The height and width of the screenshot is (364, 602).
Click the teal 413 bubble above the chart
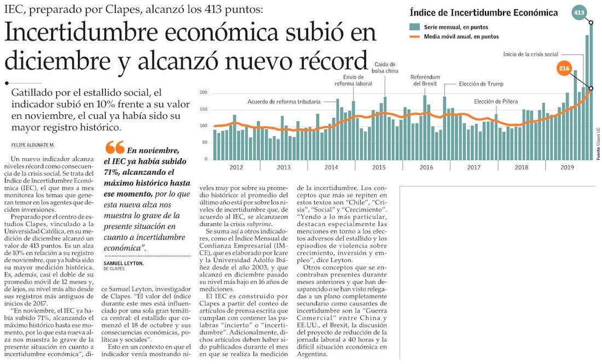(x=578, y=12)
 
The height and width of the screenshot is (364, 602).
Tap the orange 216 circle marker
(x=564, y=68)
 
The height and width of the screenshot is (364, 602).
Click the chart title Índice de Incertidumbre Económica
(x=483, y=13)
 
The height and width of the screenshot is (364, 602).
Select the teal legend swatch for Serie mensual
(x=414, y=27)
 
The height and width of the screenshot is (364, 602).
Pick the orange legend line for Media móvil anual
(x=414, y=37)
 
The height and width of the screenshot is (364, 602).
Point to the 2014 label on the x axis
(x=331, y=167)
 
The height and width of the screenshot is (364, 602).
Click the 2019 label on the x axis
(x=567, y=167)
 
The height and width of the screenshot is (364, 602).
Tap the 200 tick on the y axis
(x=204, y=93)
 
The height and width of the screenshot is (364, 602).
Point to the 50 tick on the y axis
(x=205, y=142)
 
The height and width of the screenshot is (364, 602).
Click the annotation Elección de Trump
(x=481, y=84)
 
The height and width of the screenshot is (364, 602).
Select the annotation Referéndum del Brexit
(x=425, y=80)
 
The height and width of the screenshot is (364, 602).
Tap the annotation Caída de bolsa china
(x=385, y=67)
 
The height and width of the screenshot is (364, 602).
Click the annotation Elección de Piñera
(x=496, y=101)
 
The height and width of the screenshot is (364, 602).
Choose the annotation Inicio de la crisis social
(x=531, y=54)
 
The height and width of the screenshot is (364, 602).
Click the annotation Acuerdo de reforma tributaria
(x=283, y=102)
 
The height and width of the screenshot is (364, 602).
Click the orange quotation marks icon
(x=114, y=147)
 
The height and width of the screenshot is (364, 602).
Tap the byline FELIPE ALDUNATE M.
(x=33, y=145)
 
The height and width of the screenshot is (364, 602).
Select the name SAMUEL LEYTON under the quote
(x=123, y=263)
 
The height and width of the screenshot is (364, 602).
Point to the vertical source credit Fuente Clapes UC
(x=598, y=143)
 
